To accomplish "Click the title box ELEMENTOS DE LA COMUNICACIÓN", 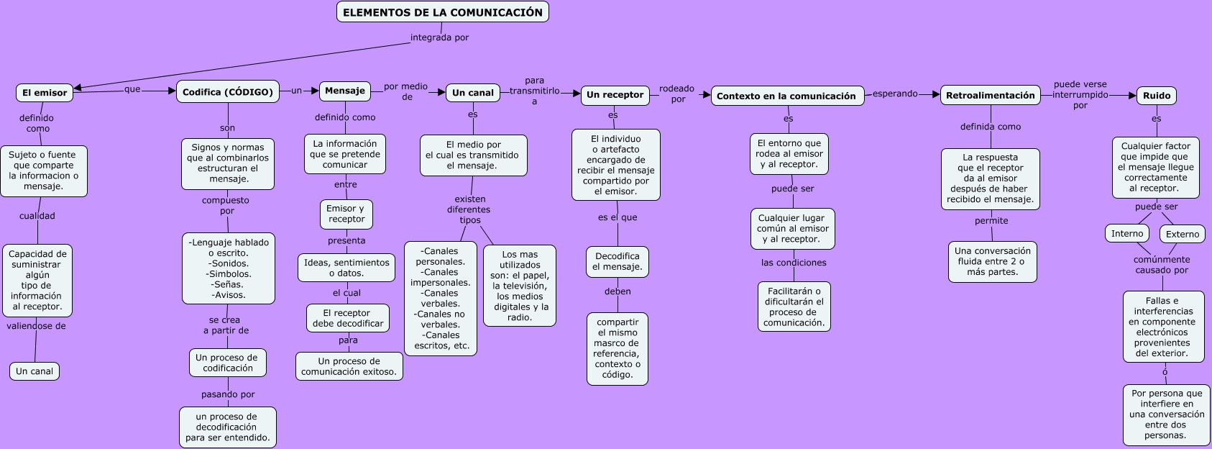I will click(442, 12).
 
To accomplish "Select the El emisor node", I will click(45, 93).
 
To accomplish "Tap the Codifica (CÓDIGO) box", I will click(227, 91).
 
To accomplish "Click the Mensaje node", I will click(344, 91).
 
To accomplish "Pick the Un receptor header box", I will click(615, 95).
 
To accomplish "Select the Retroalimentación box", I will click(990, 95).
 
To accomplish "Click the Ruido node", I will click(1156, 95).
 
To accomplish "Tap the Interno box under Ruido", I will click(1126, 233).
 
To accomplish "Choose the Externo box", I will click(1182, 234).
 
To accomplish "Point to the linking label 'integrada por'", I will click(439, 37).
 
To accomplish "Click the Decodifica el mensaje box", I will click(617, 261).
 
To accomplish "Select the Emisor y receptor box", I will click(346, 214).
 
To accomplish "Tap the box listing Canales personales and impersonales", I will click(440, 298).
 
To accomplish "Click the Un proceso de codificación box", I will click(227, 363).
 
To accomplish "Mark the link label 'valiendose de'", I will click(36, 326).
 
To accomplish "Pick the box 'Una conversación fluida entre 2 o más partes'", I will click(992, 261).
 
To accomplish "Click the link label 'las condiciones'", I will click(794, 263).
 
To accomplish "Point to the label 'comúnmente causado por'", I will click(1162, 265).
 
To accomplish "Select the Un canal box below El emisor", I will click(35, 371).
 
